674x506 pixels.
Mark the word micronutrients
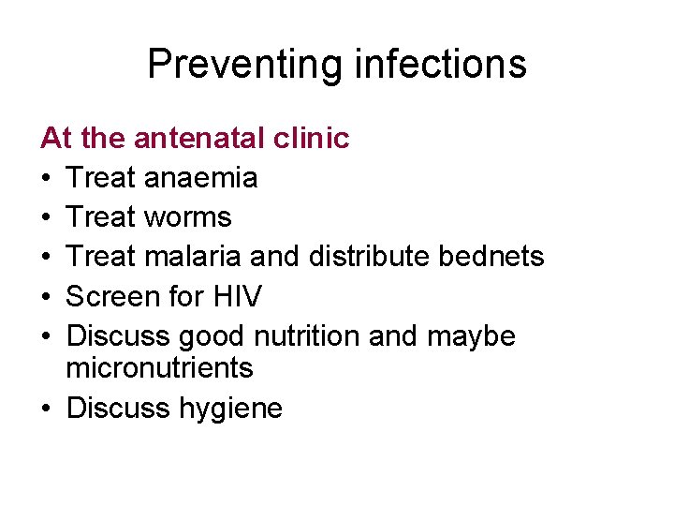tap(160, 368)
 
